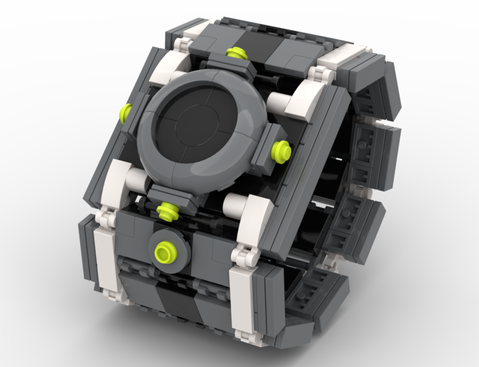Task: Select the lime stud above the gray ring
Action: [235, 53]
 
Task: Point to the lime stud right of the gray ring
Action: [280, 149]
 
